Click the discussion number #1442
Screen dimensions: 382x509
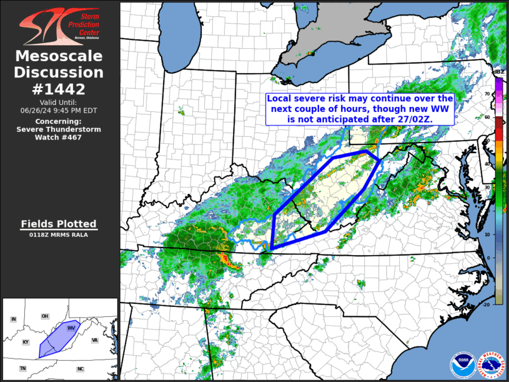pos(59,89)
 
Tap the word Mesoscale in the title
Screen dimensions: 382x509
pos(59,56)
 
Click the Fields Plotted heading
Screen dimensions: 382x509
pos(59,224)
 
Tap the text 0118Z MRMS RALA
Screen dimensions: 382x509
pos(59,235)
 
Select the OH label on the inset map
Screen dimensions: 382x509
pos(45,316)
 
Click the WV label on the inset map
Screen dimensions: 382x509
pos(71,327)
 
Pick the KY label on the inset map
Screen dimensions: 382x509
pos(26,342)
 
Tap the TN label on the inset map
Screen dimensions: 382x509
pos(22,369)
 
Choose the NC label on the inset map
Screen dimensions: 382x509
pos(80,369)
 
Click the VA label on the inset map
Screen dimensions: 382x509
pos(95,340)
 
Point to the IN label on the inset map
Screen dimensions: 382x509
pos(13,319)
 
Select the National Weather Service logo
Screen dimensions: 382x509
pos(488,363)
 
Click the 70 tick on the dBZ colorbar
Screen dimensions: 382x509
pos(487,94)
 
